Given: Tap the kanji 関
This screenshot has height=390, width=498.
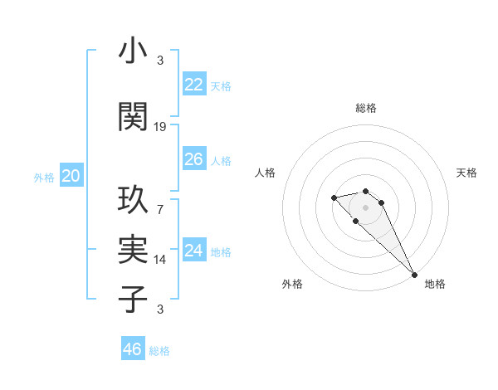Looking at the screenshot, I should (x=134, y=115).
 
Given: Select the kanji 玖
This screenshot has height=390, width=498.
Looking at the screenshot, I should (x=134, y=201).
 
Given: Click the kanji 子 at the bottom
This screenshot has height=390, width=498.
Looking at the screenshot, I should (x=134, y=298).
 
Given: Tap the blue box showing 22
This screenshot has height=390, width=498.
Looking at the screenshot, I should (x=193, y=85).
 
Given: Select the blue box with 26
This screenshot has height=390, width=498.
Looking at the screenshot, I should (x=193, y=159).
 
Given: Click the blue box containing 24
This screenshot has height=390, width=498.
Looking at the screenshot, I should (x=193, y=251).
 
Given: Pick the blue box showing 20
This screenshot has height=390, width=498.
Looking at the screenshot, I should (x=71, y=176).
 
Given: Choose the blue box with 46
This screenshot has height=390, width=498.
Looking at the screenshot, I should (x=132, y=349).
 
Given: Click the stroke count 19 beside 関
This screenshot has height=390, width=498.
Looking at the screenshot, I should (x=160, y=127).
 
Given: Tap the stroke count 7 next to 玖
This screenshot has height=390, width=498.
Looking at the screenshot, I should (x=160, y=208).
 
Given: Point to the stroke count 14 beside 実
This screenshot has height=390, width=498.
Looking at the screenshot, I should (x=160, y=259).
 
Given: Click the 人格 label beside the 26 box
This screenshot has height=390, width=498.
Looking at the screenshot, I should (x=221, y=160).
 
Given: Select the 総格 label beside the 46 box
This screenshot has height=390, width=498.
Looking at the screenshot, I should (x=159, y=351).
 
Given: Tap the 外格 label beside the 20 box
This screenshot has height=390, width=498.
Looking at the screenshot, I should (x=44, y=178).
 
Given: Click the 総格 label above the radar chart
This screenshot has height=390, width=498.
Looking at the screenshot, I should (x=366, y=108).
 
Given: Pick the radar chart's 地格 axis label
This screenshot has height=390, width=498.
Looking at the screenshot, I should (x=435, y=284).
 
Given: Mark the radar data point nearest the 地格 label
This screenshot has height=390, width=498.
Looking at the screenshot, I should (x=414, y=275).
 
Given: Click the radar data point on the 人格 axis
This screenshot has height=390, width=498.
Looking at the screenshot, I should (x=334, y=197).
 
